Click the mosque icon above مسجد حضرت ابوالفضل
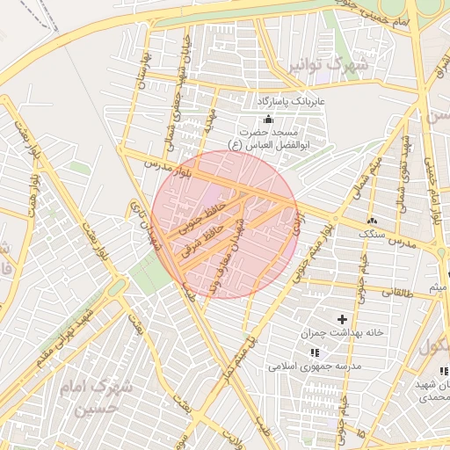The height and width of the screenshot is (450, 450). [x=268, y=120]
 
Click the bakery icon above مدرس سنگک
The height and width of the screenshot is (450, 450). [x=372, y=220]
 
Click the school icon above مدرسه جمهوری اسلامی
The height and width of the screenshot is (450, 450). [x=314, y=352]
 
